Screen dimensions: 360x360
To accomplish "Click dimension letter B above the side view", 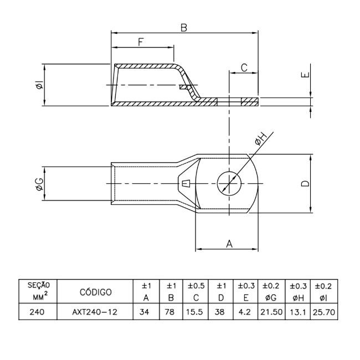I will point(183,27).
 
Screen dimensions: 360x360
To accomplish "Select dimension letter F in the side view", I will point(141,42).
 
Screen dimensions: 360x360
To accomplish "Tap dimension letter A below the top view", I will point(229,243).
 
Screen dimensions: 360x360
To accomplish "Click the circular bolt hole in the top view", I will point(228,182).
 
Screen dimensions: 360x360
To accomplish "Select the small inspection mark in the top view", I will point(186,183).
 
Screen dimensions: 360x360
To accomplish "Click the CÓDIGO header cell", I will point(96,292).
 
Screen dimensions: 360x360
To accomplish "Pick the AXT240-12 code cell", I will point(95,312).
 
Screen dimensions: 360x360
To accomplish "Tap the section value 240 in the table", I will point(38,312).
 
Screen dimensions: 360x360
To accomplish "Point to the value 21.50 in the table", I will point(271,312).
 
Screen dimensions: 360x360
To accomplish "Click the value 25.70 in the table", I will point(323,312).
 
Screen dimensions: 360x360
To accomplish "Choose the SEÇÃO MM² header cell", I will point(38,291).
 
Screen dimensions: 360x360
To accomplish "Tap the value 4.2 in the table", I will point(246,312).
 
